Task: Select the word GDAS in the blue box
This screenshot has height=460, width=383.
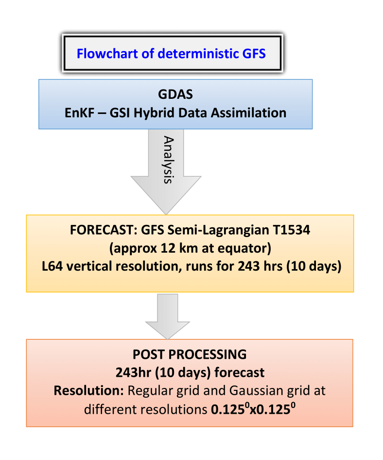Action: click(175, 94)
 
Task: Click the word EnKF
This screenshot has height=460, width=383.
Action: click(79, 113)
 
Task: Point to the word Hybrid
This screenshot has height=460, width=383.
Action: click(154, 113)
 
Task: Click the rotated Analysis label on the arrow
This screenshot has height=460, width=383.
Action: click(168, 160)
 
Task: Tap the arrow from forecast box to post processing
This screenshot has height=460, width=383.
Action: click(168, 316)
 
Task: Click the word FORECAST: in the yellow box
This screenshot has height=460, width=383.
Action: click(104, 230)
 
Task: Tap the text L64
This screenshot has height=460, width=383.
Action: click(52, 267)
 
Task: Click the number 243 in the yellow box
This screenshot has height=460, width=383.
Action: click(248, 267)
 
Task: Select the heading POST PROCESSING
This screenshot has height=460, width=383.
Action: click(190, 354)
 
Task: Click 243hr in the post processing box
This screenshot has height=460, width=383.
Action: click(133, 372)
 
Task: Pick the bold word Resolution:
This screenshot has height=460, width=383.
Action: click(89, 391)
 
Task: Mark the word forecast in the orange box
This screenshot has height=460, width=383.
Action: click(240, 372)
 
